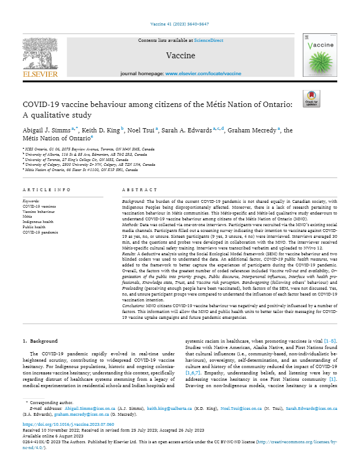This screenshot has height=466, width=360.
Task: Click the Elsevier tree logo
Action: click(x=40, y=56)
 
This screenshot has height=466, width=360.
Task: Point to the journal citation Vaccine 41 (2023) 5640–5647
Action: click(x=180, y=24)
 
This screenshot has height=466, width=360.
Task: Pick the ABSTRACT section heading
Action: click(x=137, y=190)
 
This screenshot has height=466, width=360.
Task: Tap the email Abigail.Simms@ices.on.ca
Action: click(x=88, y=409)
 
